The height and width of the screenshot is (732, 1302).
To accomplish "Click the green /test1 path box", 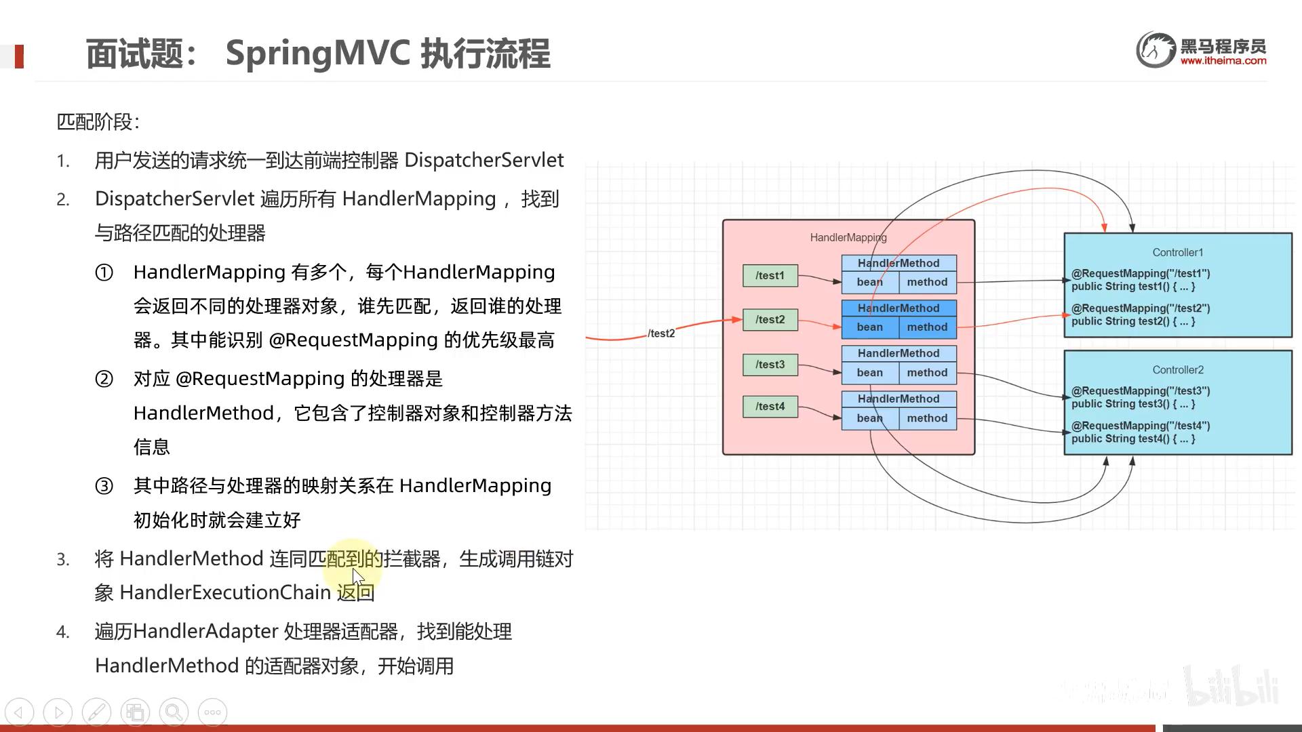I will click(770, 276).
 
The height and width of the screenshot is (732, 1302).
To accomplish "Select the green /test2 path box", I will click(770, 320).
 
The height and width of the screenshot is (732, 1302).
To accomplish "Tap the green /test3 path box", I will click(770, 365).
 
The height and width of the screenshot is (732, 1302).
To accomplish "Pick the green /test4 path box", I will click(770, 407).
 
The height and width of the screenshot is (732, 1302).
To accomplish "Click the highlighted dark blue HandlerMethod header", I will click(899, 308).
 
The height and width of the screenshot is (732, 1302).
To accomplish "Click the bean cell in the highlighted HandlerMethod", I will click(869, 327).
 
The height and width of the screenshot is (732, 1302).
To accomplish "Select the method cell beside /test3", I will click(927, 373).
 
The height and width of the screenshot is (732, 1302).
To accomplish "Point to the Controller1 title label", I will click(1178, 253).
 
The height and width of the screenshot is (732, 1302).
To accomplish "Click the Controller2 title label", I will click(1178, 370).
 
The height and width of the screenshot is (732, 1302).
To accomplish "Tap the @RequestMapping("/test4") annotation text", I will click(1141, 426).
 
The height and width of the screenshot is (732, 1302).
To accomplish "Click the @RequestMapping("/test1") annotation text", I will click(1141, 274).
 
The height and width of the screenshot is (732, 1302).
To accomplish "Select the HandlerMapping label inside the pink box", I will click(848, 238).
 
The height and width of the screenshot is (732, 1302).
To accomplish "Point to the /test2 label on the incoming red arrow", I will click(661, 333).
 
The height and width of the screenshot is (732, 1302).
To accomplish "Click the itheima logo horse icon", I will click(1156, 49).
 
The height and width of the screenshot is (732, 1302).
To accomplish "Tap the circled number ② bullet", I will click(104, 379).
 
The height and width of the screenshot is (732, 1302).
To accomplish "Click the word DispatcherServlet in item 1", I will click(484, 161).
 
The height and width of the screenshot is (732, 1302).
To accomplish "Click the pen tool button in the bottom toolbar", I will click(96, 712).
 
